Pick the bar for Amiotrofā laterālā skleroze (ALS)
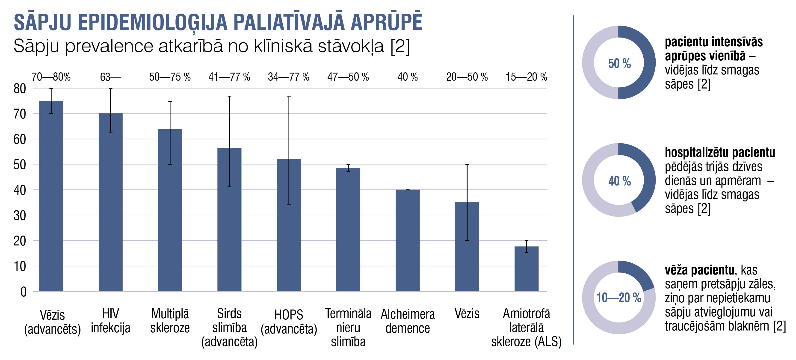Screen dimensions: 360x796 pos(526,269)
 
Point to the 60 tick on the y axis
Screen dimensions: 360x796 pos(20,140)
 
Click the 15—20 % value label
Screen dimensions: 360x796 pos(526,77)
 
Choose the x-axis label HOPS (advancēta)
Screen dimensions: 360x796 pos(289,322)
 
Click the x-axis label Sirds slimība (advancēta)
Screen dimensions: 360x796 pos(229,328)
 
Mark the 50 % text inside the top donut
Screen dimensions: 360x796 pos(619,64)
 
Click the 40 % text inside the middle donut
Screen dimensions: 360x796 pos(619,181)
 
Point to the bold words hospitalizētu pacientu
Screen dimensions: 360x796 pos(720,153)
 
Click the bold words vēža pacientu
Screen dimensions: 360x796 pos(699,270)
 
